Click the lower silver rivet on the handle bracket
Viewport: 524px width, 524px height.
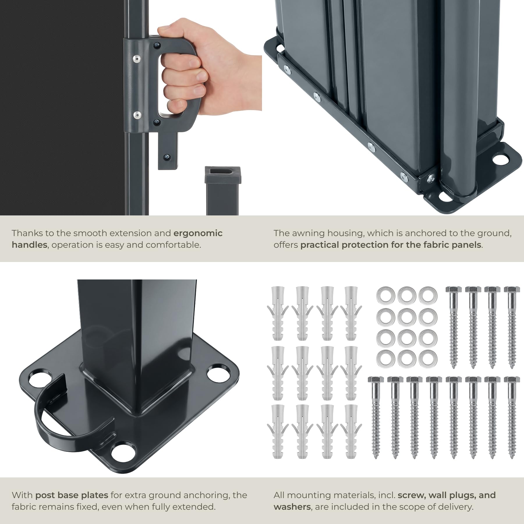[136, 114]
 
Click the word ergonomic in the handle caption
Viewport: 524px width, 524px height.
[198, 233]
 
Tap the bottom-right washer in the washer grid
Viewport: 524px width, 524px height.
[428, 359]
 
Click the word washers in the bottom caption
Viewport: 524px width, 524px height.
[292, 507]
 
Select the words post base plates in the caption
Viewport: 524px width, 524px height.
[72, 495]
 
